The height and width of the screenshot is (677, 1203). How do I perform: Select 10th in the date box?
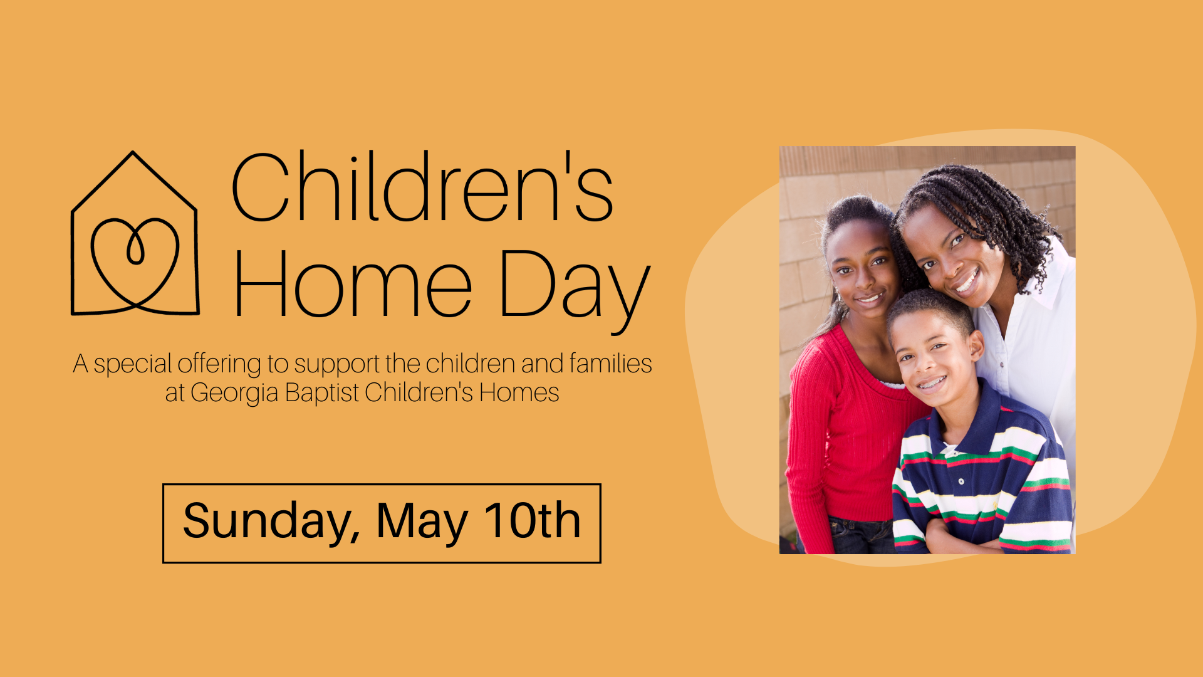(x=533, y=520)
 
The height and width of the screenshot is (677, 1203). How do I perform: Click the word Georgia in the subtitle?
(x=234, y=394)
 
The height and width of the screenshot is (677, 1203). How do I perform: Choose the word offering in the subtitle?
(x=219, y=364)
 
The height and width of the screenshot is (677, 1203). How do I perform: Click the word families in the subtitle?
(x=611, y=363)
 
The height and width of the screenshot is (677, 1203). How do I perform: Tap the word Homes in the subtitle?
(x=519, y=392)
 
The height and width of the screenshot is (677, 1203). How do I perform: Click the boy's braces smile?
(x=932, y=382)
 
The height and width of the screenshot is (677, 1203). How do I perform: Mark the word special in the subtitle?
(x=132, y=364)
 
